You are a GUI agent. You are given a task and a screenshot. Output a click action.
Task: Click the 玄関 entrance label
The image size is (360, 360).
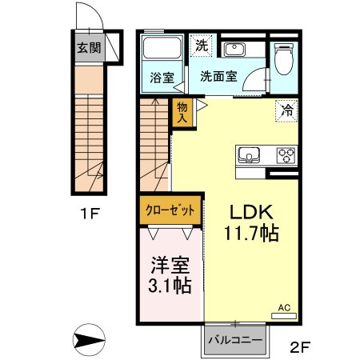pos(89,47)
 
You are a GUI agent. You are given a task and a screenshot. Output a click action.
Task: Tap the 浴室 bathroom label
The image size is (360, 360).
pos(162,77)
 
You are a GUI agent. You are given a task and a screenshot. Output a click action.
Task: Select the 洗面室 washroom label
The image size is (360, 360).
pos(218,77)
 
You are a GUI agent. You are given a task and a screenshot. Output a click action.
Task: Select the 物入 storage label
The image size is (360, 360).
pos(182,111)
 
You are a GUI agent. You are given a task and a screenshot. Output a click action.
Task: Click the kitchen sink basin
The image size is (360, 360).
pos(245,154)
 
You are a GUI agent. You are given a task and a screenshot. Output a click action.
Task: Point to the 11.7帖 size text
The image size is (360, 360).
pos(253,236)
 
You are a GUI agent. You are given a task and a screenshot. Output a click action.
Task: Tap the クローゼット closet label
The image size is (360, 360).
pos(170,210)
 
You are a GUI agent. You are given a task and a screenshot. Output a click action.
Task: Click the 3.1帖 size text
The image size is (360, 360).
pos(168,285)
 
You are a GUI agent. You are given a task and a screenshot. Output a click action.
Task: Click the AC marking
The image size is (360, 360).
pos(284,306)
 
